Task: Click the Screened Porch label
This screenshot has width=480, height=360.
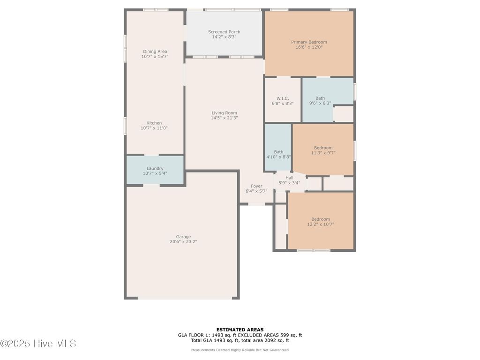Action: click(x=224, y=32)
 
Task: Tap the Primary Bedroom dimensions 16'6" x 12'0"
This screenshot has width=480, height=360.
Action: click(x=309, y=47)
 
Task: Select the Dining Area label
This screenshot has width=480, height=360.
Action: click(x=155, y=52)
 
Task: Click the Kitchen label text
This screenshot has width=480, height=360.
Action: click(x=154, y=123)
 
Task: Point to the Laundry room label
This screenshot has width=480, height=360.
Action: click(x=155, y=168)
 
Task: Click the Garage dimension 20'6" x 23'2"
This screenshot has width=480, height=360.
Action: click(x=183, y=242)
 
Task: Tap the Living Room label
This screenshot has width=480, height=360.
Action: click(x=224, y=113)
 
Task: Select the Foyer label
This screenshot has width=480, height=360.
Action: click(x=256, y=186)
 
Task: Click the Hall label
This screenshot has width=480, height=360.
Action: click(x=289, y=178)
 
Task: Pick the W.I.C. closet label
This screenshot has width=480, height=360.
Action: click(x=283, y=98)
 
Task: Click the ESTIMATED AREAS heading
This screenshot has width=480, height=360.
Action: click(x=240, y=330)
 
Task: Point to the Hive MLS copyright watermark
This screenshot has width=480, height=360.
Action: click(x=38, y=344)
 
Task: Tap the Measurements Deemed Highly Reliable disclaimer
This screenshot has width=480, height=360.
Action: click(x=240, y=350)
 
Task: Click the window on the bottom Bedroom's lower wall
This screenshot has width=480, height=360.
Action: click(x=314, y=250)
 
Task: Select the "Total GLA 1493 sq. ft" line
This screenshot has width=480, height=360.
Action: click(x=240, y=341)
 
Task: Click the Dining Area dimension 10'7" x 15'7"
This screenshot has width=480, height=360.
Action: click(x=155, y=57)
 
